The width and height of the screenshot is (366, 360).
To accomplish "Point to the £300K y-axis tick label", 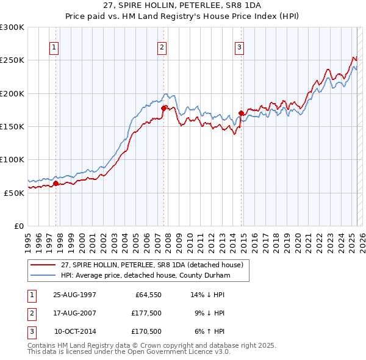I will click(x=12, y=27).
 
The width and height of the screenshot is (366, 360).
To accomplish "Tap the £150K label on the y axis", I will click(x=12, y=126).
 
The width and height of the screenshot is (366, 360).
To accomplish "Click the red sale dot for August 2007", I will click(x=163, y=108).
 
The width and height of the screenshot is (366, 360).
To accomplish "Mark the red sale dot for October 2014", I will click(x=241, y=113).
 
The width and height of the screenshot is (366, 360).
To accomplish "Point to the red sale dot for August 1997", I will click(x=56, y=182).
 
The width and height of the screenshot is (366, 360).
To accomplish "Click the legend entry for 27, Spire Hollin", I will click(x=151, y=265).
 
